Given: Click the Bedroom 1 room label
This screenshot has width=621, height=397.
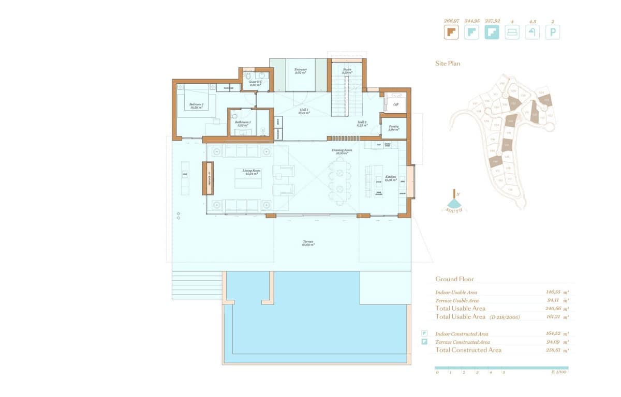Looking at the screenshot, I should tap(196, 105).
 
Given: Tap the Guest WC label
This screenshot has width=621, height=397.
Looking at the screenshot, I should tap(254, 82).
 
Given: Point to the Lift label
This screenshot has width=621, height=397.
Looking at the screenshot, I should tap(396, 104).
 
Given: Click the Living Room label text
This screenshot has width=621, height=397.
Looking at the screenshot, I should tap(251, 172).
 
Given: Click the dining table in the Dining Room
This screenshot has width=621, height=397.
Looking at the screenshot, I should tap(339, 181).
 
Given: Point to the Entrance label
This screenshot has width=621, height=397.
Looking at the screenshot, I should tap(301, 71).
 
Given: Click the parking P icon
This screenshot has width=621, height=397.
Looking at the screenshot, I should tap(553, 33).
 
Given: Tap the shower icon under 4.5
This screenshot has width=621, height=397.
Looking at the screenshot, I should tap(533, 33).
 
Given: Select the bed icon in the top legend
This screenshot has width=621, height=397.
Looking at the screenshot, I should tap(512, 33).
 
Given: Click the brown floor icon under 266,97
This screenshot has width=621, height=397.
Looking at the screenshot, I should tap(451, 33).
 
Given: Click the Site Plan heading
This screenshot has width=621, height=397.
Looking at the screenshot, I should tap(447, 64).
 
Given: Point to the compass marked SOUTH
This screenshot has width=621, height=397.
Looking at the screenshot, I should tap(455, 203).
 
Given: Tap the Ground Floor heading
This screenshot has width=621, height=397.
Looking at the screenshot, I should tap(454, 279).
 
